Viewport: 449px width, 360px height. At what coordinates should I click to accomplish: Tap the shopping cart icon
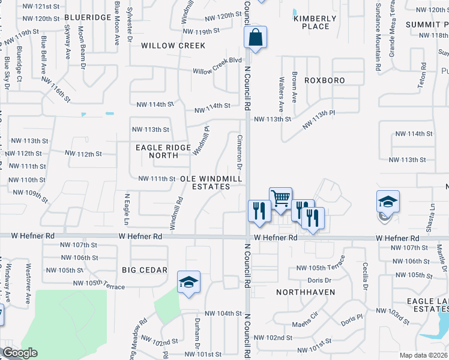click(x=280, y=198)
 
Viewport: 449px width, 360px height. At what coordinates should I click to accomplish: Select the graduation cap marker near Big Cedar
click(x=188, y=282)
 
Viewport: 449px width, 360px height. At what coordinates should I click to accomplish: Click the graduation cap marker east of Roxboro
click(x=388, y=202)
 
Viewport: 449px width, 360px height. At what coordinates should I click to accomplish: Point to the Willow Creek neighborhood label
click(x=173, y=46)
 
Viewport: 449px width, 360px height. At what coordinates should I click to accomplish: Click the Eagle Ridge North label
click(x=163, y=151)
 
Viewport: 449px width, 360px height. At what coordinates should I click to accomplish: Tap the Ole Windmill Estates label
click(x=211, y=182)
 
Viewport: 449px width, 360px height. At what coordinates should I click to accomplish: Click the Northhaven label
click(x=300, y=292)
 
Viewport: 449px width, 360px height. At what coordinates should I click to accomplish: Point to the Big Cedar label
click(x=145, y=270)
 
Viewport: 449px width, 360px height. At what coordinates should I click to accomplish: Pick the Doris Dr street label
click(x=319, y=280)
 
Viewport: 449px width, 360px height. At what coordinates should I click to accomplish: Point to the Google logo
click(x=19, y=353)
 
